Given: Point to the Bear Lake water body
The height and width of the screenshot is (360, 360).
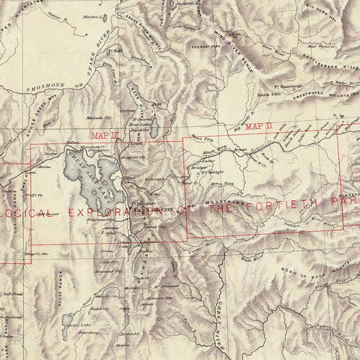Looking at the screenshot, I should [154, 128].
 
